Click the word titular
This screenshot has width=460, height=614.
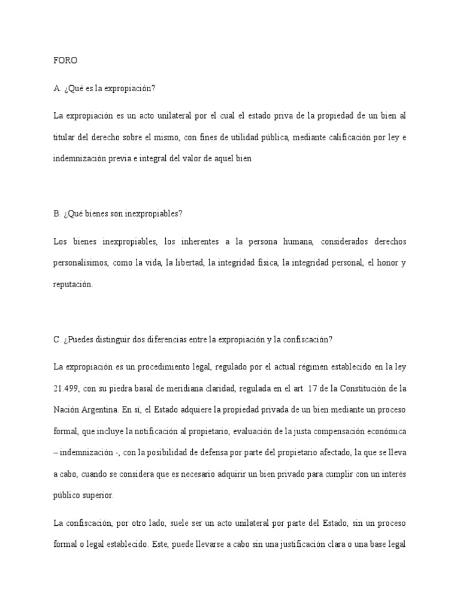coord(66,138)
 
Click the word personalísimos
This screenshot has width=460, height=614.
coord(84,263)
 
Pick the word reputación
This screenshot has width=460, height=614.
coord(73,285)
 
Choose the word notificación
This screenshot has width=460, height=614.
coord(161,431)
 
